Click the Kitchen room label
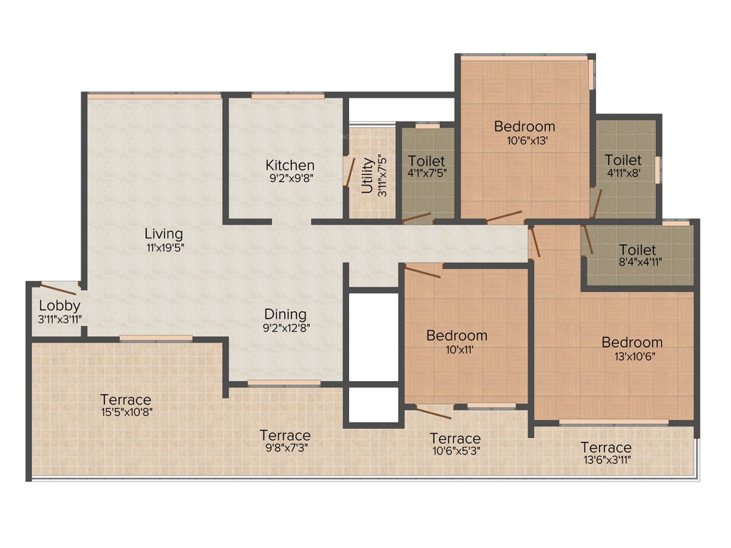[290, 165]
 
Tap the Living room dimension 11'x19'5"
[163, 248]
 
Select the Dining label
[286, 314]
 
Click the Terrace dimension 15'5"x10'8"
[126, 412]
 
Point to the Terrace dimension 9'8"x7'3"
[285, 447]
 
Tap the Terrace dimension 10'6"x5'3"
[455, 451]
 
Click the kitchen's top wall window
[288, 96]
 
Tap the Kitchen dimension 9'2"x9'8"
[290, 178]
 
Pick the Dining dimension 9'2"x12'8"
[286, 328]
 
